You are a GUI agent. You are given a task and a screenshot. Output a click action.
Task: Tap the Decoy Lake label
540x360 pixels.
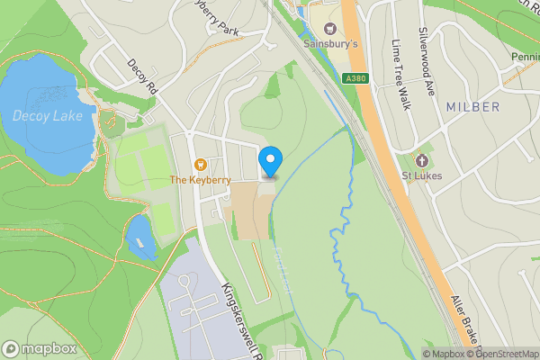tap(48, 115)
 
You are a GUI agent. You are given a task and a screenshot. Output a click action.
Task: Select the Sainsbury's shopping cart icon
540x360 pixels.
tap(329, 29)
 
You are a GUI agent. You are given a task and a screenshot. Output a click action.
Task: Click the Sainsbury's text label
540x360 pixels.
tap(330, 43)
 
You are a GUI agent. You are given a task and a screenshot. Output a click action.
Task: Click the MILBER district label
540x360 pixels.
tap(472, 107)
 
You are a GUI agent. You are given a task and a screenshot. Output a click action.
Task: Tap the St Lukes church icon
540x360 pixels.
tap(421, 160)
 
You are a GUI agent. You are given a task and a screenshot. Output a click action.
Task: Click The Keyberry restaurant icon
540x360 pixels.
tap(200, 165)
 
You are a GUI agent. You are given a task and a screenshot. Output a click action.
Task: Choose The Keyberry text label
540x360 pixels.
tap(201, 180)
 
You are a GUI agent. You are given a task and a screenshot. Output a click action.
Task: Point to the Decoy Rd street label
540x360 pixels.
tap(142, 79)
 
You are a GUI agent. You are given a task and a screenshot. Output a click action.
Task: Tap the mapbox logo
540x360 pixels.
tap(39, 348)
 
